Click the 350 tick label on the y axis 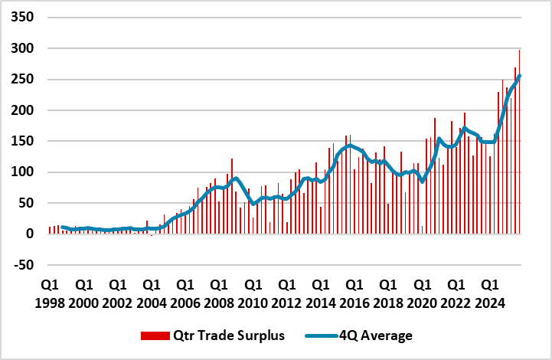pos(22,18)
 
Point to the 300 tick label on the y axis pos(22,48)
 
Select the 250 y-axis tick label pos(22,80)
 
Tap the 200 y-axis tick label pos(22,110)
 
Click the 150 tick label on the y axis pos(22,141)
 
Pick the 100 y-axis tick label pos(22,172)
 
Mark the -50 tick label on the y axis pos(23,265)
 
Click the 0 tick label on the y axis pos(30,234)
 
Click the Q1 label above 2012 pos(286,285)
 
